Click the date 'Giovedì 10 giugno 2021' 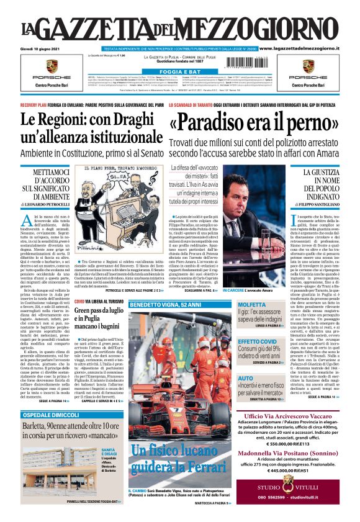point(41,48)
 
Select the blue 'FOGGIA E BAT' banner point(179,72)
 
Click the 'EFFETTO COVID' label point(258,342)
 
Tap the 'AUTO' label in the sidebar point(246,378)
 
